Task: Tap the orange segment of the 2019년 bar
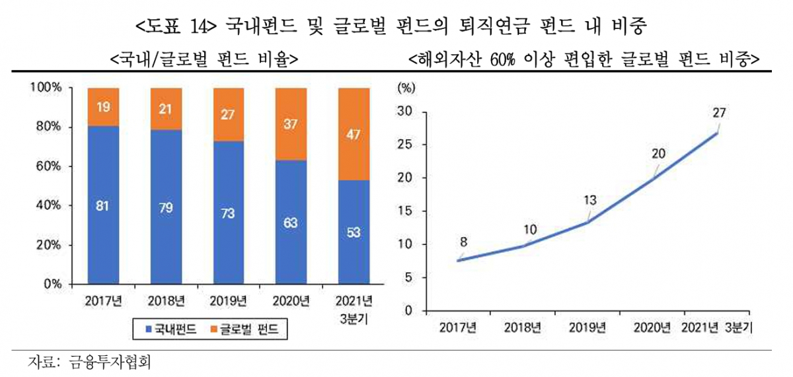(228, 115)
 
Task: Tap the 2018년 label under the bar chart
(166, 302)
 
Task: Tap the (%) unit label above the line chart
(405, 86)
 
